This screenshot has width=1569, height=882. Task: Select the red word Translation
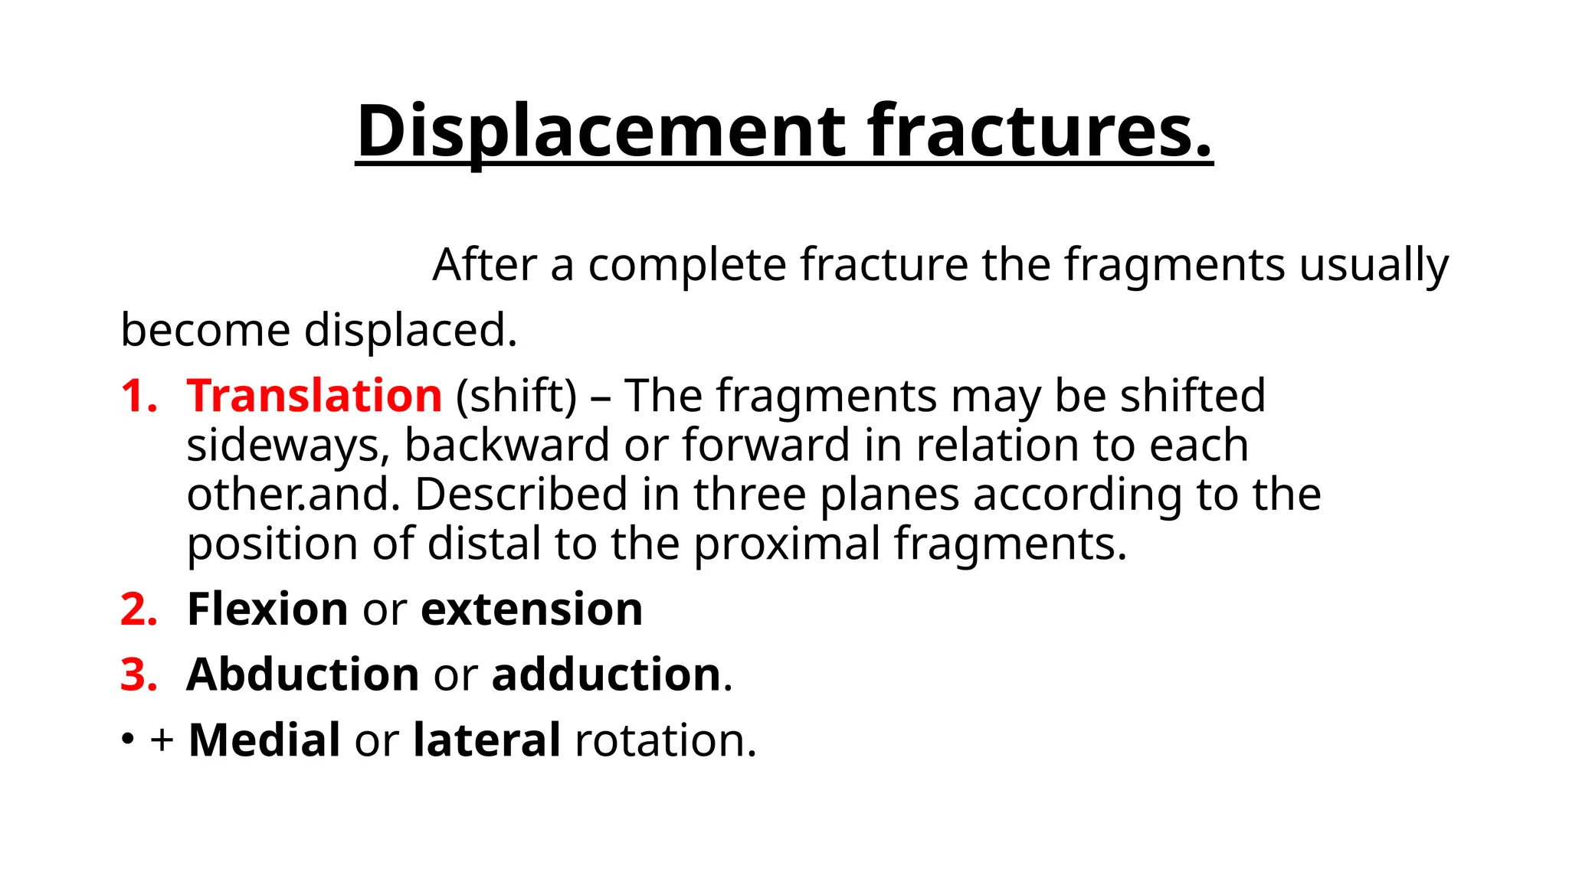[314, 396]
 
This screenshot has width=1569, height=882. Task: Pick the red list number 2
[139, 609]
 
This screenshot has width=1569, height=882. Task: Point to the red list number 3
[139, 675]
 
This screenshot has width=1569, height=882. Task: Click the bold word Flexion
[267, 609]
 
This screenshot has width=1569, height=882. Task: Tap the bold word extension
[532, 609]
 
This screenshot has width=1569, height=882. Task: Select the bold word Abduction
[303, 675]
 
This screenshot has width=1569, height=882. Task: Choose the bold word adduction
[606, 675]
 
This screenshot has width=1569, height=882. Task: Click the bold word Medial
[264, 740]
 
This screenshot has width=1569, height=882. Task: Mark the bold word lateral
[486, 740]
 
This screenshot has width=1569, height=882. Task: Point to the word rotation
[665, 740]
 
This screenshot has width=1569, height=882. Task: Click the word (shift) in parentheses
[516, 396]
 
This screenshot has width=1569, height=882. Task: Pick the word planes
[889, 495]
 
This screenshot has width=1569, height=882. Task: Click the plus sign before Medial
[162, 740]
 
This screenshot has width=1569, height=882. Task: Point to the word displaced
[411, 331]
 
